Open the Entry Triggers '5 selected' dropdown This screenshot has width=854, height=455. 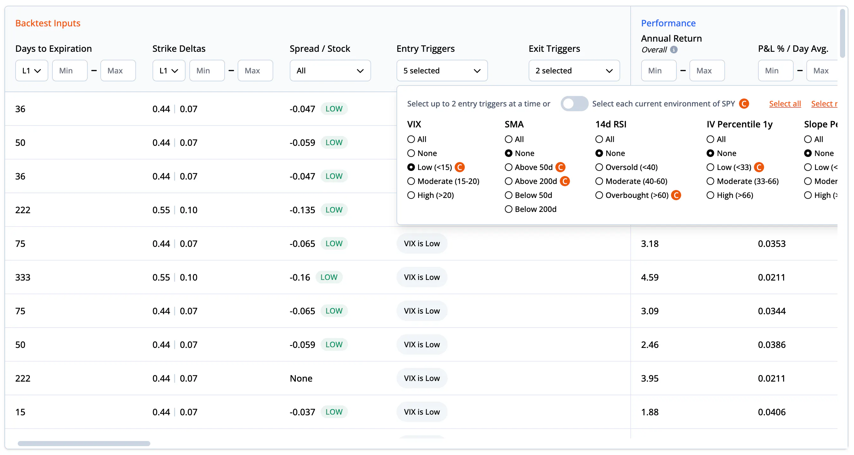442,71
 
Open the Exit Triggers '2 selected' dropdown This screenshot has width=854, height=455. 574,71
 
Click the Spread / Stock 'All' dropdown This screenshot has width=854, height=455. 330,71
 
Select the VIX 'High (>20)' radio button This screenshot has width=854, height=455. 411,195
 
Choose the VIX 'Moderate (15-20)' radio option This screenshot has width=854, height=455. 411,181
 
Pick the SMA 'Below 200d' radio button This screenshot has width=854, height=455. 509,209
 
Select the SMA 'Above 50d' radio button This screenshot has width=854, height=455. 509,167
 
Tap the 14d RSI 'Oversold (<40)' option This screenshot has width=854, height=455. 599,167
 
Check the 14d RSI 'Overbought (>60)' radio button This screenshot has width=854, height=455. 599,195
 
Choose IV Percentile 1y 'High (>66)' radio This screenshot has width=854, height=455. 710,195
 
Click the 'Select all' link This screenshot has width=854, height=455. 785,104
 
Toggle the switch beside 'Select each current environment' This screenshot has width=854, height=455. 574,104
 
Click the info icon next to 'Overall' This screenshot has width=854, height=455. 674,50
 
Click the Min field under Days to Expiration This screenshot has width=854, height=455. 70,71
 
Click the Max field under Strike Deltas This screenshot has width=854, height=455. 255,71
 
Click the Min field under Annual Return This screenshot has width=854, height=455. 659,71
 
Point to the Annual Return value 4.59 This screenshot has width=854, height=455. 650,278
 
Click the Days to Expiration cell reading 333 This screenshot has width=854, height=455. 23,278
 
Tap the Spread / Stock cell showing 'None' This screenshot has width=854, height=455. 301,379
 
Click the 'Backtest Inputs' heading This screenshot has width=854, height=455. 48,23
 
